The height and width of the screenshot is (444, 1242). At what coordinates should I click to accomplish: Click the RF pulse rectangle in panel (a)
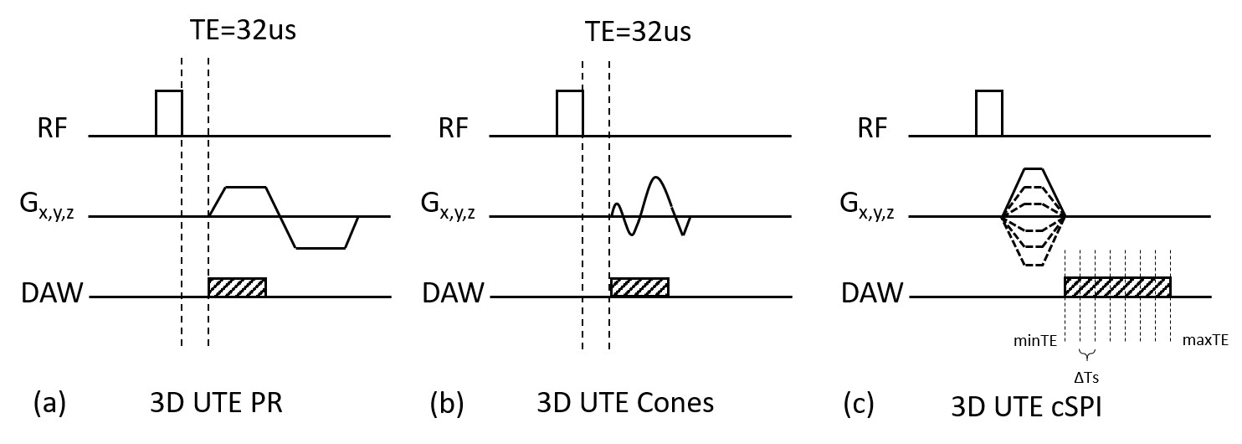(169, 112)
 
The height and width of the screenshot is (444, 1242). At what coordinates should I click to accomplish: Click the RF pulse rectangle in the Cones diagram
(570, 112)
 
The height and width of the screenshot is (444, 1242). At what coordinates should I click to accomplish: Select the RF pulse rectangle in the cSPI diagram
(988, 112)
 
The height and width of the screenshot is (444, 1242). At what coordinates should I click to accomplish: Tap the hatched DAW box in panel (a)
(237, 287)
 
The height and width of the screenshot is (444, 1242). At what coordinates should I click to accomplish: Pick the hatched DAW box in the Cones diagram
(639, 287)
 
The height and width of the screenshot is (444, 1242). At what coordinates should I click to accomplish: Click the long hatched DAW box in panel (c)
(1116, 287)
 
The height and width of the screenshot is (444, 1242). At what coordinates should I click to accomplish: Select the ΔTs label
(1087, 377)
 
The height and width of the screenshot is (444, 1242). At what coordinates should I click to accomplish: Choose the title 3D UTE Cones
(624, 404)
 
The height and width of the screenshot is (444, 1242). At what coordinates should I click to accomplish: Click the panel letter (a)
(49, 405)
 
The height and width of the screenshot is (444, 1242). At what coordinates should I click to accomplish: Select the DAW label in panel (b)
(453, 292)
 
